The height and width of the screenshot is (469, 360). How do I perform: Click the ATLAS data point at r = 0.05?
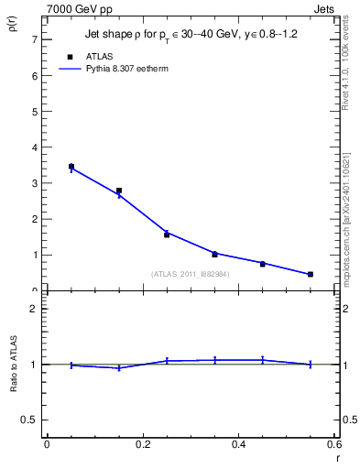click(71, 167)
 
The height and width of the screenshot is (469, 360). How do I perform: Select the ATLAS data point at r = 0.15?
click(119, 191)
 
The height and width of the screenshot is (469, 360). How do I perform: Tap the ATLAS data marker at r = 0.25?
click(167, 234)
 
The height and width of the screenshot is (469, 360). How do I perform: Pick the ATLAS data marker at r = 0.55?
click(311, 274)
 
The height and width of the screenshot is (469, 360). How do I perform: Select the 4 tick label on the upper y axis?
click(34, 147)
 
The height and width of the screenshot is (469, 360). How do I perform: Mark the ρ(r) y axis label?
click(13, 24)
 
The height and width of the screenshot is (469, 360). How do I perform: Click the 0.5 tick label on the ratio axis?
click(30, 420)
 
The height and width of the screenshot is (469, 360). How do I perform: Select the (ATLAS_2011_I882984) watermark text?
click(190, 273)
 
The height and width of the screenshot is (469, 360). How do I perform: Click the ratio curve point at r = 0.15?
click(119, 367)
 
